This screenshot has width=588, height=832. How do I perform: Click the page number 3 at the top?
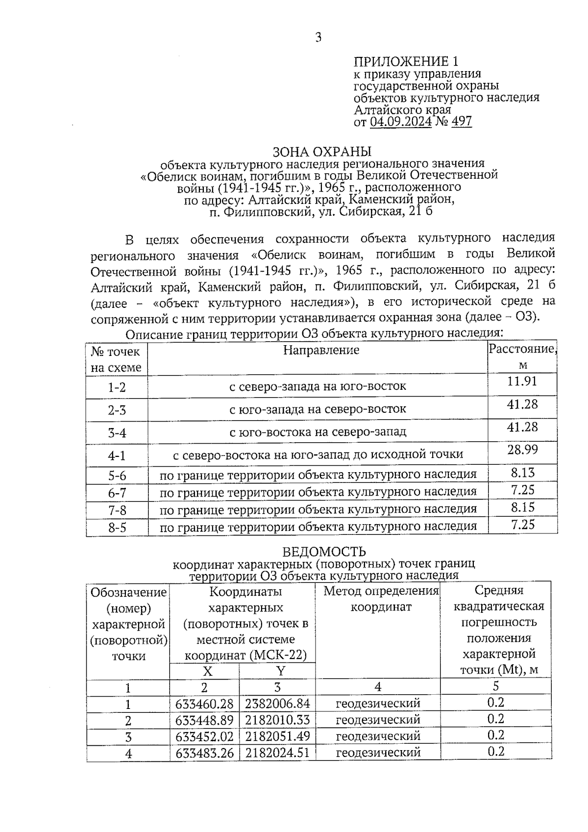pyautogui.click(x=318, y=37)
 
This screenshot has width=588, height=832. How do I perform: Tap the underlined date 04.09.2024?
pyautogui.click(x=400, y=121)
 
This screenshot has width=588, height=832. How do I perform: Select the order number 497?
pyautogui.click(x=461, y=121)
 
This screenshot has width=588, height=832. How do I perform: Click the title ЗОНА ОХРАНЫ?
pyautogui.click(x=321, y=151)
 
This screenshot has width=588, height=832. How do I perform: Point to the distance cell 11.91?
pyautogui.click(x=522, y=381)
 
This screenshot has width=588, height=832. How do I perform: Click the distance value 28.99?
pyautogui.click(x=522, y=449)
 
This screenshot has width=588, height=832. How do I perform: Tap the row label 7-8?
pyautogui.click(x=117, y=510)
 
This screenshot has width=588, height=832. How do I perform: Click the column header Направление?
pyautogui.click(x=321, y=350)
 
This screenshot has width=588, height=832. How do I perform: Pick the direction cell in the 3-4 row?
pyautogui.click(x=318, y=432)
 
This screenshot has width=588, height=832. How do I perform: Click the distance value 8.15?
pyautogui.click(x=522, y=507)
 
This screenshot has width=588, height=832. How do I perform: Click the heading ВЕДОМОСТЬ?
pyautogui.click(x=323, y=552)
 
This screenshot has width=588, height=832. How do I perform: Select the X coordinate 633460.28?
pyautogui.click(x=204, y=704)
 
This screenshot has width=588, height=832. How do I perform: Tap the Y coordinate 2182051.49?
pyautogui.click(x=277, y=736)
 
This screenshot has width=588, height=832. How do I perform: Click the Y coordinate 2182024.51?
pyautogui.click(x=277, y=752)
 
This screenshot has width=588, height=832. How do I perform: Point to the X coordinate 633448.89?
pyautogui.click(x=204, y=720)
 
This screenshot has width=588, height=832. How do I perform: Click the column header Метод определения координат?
pyautogui.click(x=381, y=599)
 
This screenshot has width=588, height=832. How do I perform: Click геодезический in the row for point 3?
pyautogui.click(x=378, y=736)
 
